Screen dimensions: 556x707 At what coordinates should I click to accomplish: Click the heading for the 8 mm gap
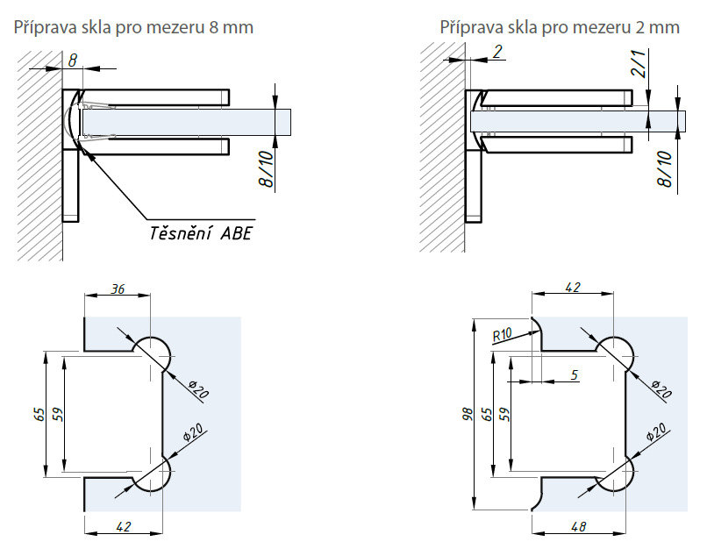tap(133, 27)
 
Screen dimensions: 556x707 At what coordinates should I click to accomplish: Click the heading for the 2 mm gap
tap(560, 27)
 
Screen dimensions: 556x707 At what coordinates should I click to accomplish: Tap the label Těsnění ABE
tap(198, 233)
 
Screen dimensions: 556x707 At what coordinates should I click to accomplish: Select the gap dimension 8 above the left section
tap(73, 59)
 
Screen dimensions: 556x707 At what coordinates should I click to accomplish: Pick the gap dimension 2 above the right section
tap(497, 52)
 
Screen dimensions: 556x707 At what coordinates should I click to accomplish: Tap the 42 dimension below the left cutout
tap(123, 527)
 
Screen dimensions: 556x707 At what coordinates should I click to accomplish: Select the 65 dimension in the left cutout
tap(39, 412)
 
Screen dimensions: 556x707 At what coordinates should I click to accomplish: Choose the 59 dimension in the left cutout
tap(59, 412)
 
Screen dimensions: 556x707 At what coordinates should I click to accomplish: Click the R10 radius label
tap(503, 334)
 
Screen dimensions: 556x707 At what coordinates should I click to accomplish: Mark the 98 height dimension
tap(467, 412)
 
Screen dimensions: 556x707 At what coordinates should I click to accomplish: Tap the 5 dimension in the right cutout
tap(575, 374)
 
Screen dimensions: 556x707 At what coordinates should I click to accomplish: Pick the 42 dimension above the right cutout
tap(573, 288)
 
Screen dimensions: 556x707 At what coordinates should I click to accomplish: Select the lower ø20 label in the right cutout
tap(653, 433)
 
